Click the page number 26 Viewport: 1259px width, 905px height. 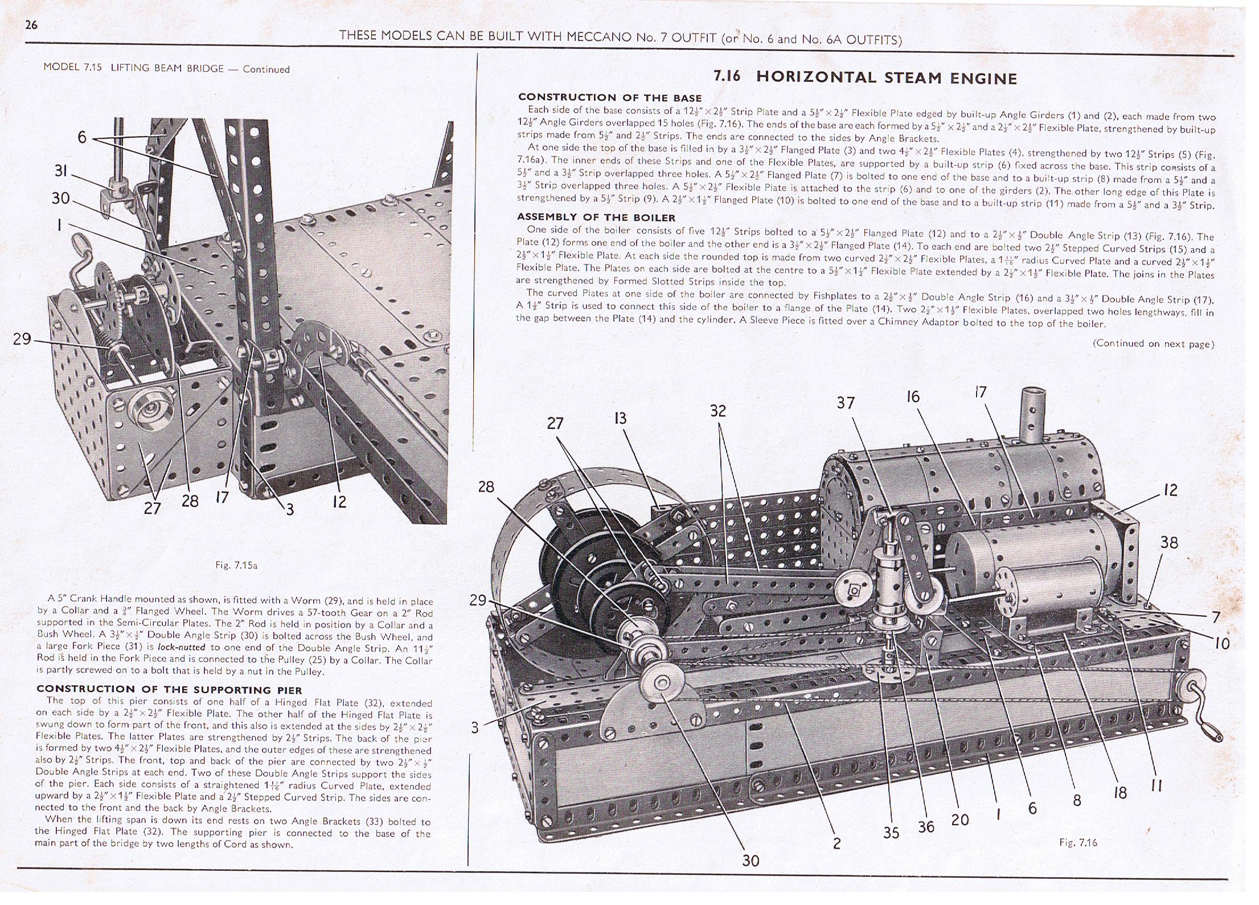point(31,25)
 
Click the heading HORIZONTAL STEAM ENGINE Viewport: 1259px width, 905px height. point(886,78)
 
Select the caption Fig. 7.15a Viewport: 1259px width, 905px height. point(236,566)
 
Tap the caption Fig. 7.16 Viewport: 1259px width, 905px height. point(1078,842)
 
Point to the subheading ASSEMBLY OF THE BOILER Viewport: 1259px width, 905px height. point(596,218)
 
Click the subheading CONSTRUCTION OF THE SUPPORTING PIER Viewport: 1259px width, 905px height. point(169,690)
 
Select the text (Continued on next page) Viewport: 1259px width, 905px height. point(1153,343)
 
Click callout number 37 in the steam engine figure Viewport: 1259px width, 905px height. point(846,403)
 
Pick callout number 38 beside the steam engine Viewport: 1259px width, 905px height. point(1169,542)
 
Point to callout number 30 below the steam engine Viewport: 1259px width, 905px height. point(751,861)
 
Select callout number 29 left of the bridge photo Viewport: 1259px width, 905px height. point(22,339)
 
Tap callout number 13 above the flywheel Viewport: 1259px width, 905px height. point(620,419)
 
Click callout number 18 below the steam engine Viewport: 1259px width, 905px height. point(1120,793)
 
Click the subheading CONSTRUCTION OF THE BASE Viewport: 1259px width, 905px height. point(609,98)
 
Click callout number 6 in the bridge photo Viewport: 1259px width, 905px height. point(82,137)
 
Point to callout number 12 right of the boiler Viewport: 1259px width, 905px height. point(1170,490)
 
